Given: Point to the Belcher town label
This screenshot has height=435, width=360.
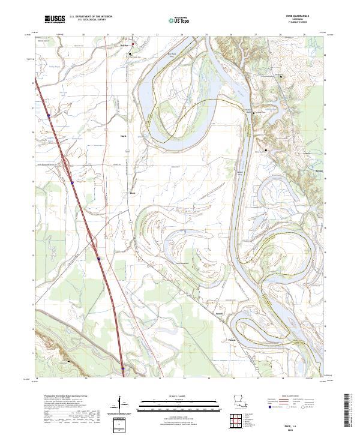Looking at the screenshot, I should pyautogui.click(x=124, y=45).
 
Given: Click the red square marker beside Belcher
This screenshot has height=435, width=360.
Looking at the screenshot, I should pyautogui.click(x=133, y=46).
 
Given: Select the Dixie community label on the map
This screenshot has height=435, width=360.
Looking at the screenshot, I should pyautogui.click(x=133, y=193).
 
